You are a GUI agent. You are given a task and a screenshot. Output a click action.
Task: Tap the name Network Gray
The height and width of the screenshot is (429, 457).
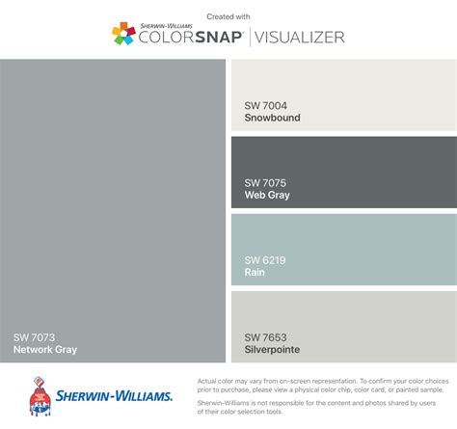click(x=45, y=350)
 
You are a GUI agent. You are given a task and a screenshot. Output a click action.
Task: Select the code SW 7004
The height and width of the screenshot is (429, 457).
click(x=266, y=105)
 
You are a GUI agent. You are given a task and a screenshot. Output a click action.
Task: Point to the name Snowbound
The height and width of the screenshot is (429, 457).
click(x=273, y=118)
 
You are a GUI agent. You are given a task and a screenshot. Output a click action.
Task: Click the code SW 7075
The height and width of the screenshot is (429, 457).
click(x=266, y=182)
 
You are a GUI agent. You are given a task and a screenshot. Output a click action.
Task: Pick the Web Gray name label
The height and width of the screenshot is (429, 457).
click(x=267, y=195)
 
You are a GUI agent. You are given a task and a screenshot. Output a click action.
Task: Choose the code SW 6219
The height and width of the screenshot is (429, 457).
click(x=266, y=259)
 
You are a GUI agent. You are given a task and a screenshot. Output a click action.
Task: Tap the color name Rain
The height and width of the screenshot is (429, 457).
click(x=255, y=272)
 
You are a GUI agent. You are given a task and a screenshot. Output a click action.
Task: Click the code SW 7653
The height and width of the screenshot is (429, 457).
click(x=266, y=336)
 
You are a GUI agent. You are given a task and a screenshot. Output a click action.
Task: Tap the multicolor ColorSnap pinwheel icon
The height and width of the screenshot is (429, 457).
click(x=122, y=35)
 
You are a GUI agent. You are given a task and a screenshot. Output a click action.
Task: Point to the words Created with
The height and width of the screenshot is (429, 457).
click(x=228, y=15)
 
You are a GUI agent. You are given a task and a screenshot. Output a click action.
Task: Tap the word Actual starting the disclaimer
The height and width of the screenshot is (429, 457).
click(x=205, y=382)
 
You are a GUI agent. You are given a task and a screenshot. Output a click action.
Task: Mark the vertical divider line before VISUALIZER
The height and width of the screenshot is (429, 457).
click(x=250, y=38)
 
